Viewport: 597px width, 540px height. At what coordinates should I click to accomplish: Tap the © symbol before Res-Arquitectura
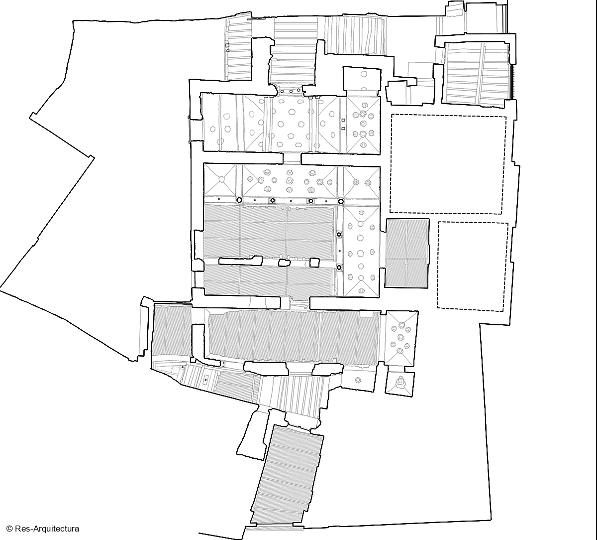click(9, 529)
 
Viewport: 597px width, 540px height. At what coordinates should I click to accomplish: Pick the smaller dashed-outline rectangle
click(473, 267)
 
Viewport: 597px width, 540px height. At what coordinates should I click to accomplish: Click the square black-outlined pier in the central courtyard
click(314, 263)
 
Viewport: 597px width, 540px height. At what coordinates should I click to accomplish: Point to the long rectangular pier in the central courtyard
click(240, 261)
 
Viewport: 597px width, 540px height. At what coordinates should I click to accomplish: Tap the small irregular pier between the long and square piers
click(284, 263)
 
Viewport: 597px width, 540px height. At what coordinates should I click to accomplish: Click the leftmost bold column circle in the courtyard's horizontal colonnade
click(239, 200)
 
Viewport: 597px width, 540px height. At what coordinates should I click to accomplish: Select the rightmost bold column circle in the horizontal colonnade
click(341, 202)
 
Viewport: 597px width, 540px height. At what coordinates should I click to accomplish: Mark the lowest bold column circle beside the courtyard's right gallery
click(339, 268)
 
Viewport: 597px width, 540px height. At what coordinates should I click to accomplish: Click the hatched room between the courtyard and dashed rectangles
click(407, 253)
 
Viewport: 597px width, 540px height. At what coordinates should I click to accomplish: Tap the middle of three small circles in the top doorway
click(291, 91)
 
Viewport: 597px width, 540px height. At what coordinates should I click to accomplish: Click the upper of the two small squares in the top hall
click(343, 120)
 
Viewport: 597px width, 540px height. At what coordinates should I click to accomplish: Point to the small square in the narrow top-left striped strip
click(227, 45)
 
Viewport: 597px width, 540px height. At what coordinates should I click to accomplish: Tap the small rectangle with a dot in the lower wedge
click(205, 380)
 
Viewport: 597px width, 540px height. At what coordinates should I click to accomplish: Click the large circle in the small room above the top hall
click(364, 74)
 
